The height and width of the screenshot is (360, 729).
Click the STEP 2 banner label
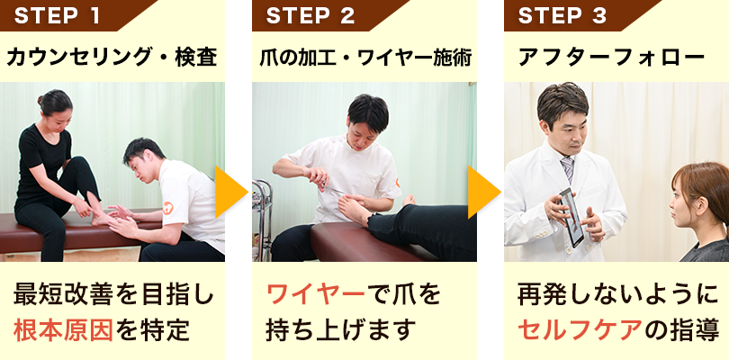click(310, 15)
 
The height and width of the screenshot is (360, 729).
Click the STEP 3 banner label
click(562, 15)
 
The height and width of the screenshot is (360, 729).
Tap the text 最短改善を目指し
click(112, 294)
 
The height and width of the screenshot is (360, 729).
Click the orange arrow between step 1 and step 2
click(230, 192)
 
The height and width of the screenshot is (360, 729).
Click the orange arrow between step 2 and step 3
click(482, 192)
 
